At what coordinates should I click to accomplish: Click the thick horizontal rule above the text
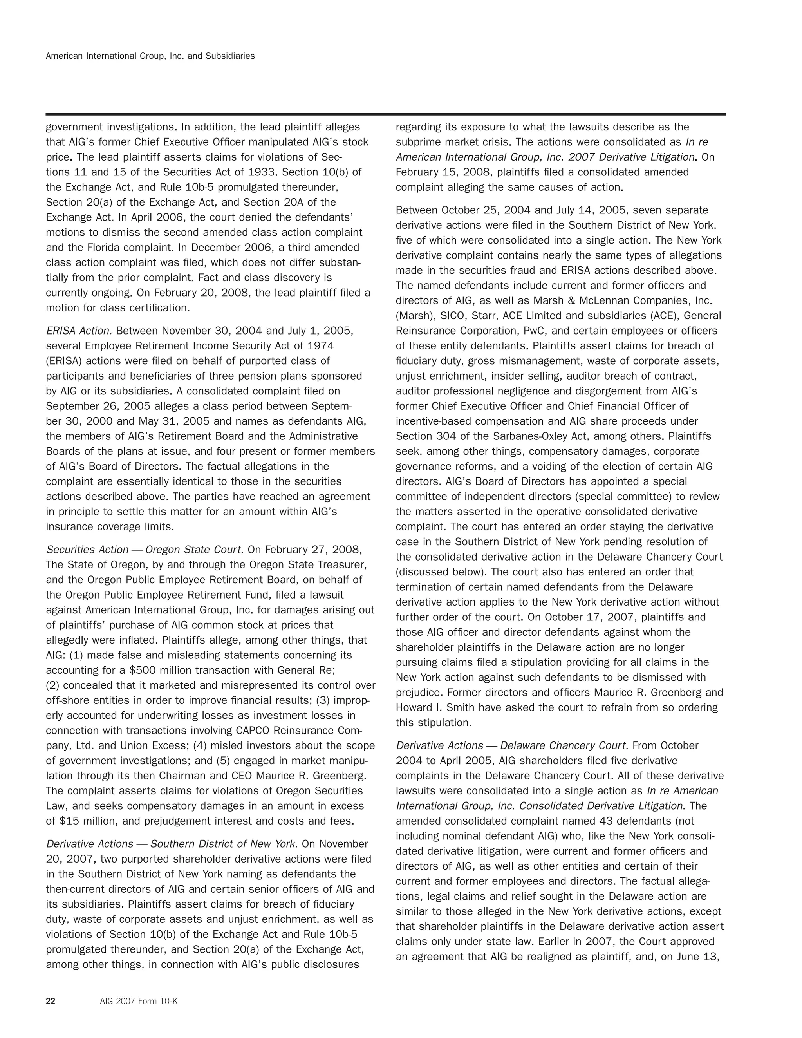[x=385, y=114]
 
